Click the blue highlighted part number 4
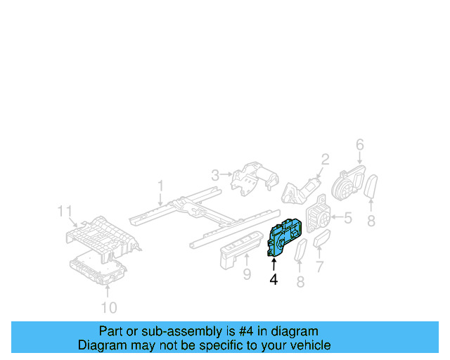point(285,236)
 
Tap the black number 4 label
point(274,279)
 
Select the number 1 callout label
point(160,186)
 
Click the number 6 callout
point(359,145)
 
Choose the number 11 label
point(65,211)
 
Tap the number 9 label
point(247,274)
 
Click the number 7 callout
point(319,267)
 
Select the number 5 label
point(347,218)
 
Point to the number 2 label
point(325,159)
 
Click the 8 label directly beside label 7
point(301,283)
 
